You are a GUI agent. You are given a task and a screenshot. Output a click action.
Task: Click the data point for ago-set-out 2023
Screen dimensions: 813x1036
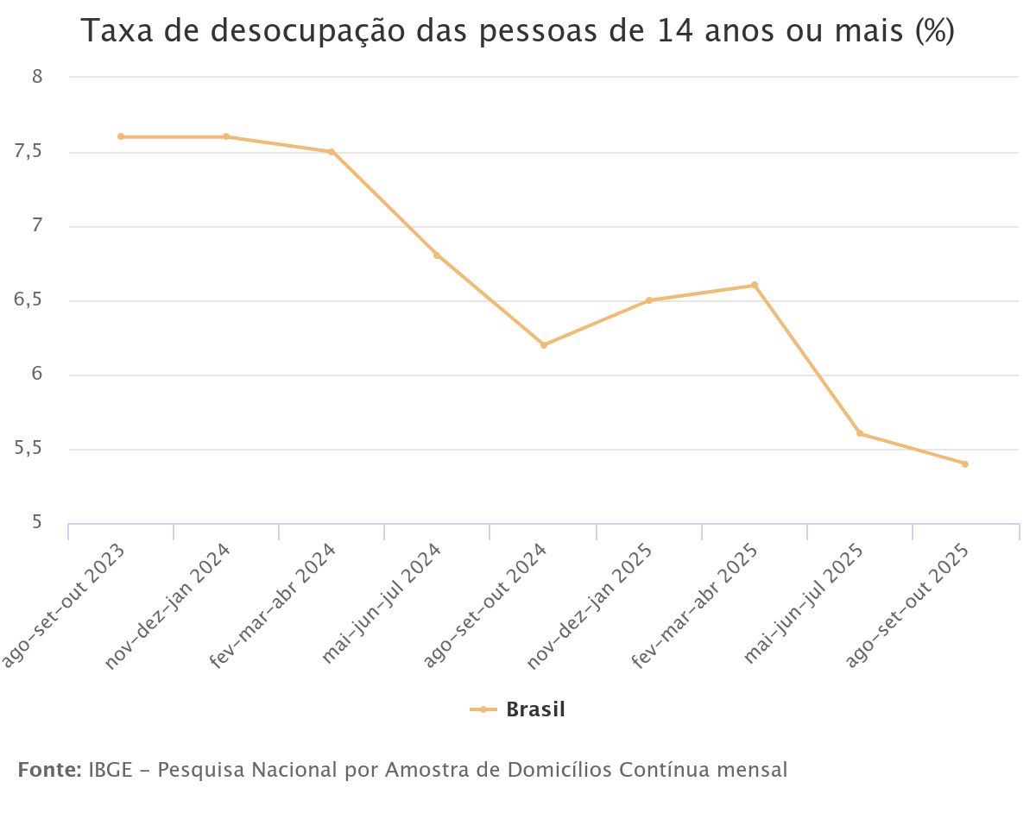click(x=121, y=136)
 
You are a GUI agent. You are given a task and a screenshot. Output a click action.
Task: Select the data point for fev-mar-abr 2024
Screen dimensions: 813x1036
click(x=332, y=152)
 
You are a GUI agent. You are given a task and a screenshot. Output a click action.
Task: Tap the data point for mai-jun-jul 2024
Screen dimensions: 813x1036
click(x=437, y=255)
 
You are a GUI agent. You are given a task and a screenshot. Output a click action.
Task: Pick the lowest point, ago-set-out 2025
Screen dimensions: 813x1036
click(x=965, y=464)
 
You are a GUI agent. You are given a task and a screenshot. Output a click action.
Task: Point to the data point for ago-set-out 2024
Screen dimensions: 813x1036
click(x=544, y=345)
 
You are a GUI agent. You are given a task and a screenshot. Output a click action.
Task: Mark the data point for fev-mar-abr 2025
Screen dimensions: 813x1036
click(x=755, y=285)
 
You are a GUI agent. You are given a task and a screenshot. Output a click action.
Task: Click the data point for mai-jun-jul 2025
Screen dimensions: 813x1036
click(x=860, y=433)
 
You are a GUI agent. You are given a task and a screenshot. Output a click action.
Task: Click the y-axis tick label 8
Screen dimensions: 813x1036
click(x=37, y=77)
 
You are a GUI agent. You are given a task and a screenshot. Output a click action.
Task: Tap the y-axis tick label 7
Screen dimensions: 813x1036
click(x=37, y=227)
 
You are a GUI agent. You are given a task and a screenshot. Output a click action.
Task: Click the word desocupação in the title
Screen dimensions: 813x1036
click(x=286, y=32)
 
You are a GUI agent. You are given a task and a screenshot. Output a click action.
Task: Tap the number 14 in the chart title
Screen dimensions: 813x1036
click(x=675, y=31)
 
